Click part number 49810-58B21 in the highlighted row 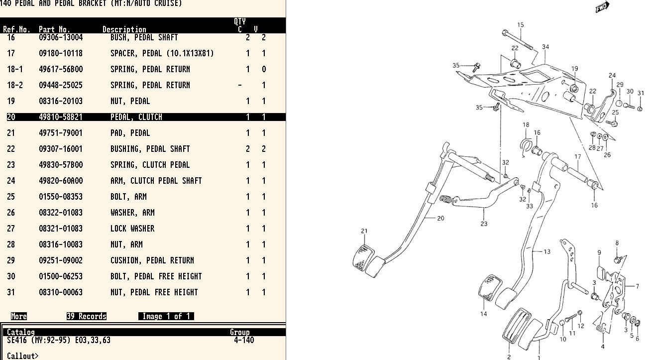coord(61,117)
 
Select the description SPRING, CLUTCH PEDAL coord(150,165)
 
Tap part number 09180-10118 coord(61,53)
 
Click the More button coord(19,316)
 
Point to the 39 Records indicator coord(87,316)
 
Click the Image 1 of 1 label coord(166,316)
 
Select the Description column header coord(124,29)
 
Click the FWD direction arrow coord(602,7)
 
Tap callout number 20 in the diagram coord(440,218)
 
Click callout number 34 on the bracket coord(545,47)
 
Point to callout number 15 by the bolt coord(521,25)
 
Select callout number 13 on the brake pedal coord(547,251)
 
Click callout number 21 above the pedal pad coord(364,231)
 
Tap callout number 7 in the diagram coord(637,286)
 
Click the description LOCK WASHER coord(132,229)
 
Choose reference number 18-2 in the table coord(15,85)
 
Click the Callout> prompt coord(22,356)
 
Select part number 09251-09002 coord(61,260)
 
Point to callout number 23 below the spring coord(484,224)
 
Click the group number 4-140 coord(244,340)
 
